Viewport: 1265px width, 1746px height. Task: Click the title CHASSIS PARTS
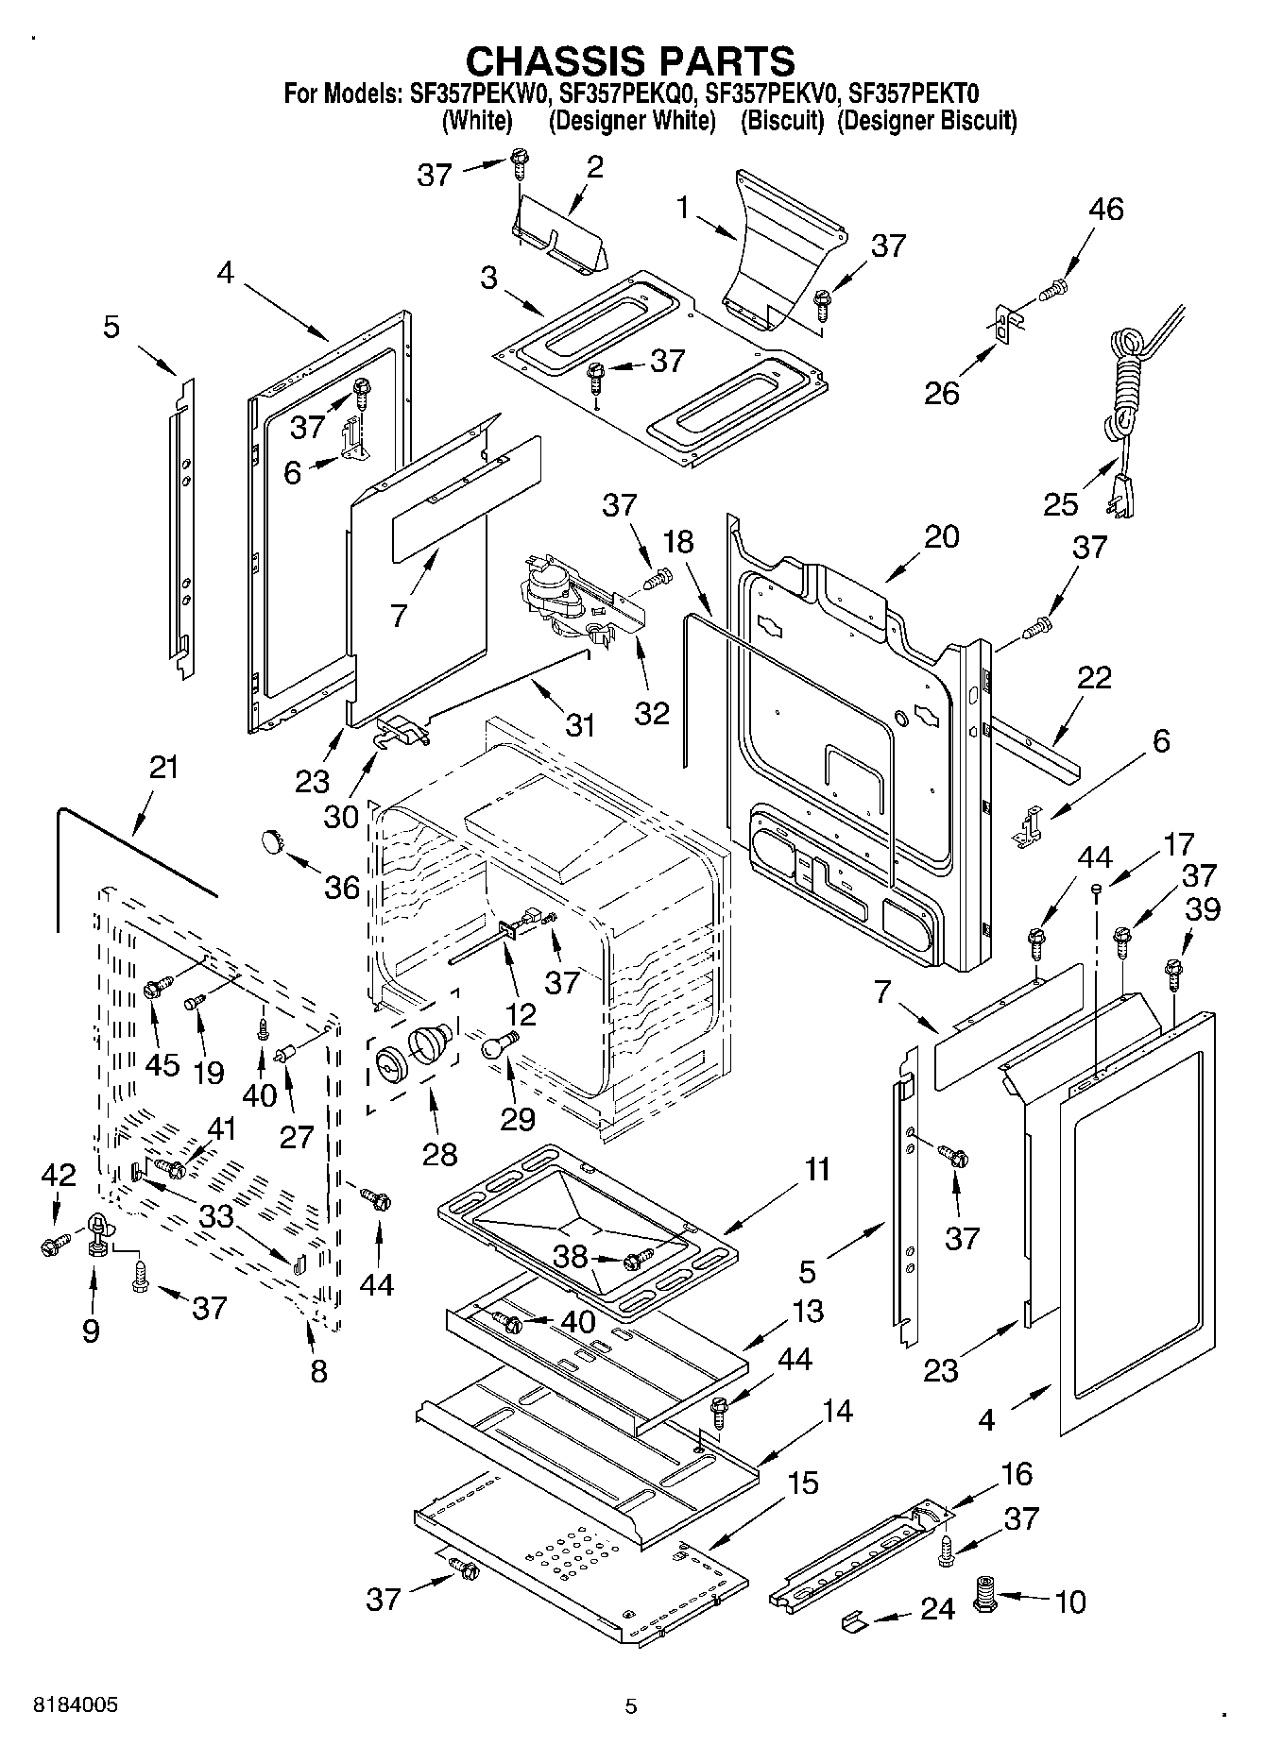tap(631, 60)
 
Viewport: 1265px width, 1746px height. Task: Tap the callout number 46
tap(1105, 209)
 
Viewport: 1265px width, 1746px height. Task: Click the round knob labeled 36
tap(273, 839)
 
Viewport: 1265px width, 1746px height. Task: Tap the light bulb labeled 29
tap(498, 1044)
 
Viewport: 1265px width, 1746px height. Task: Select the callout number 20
tap(941, 536)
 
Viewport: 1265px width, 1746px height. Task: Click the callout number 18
tap(677, 542)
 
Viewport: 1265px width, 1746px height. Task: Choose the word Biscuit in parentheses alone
tap(782, 121)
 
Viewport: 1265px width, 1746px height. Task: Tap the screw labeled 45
tap(156, 989)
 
